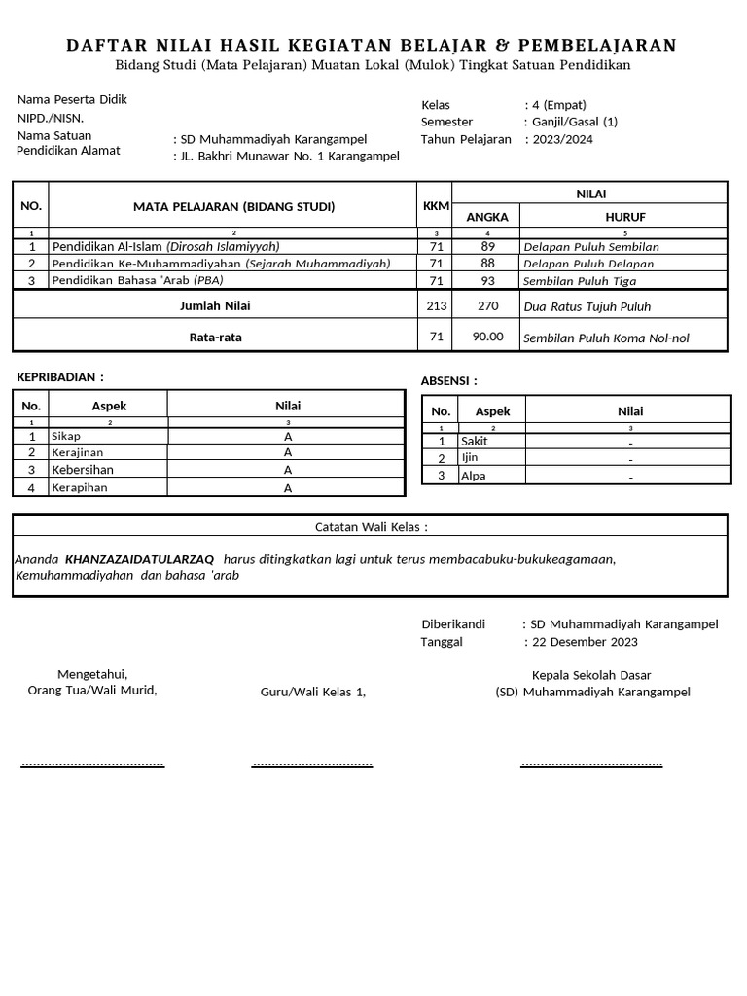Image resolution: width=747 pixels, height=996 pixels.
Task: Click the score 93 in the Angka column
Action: pyautogui.click(x=487, y=281)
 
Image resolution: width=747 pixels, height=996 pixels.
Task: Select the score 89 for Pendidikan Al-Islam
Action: pyautogui.click(x=487, y=247)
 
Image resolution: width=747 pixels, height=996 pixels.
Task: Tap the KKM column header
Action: pyautogui.click(x=436, y=206)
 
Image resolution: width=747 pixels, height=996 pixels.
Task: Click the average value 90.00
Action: pyautogui.click(x=487, y=338)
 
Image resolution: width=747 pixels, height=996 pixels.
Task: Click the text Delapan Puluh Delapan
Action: pyautogui.click(x=587, y=264)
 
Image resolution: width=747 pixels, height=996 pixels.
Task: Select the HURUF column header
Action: pyautogui.click(x=625, y=217)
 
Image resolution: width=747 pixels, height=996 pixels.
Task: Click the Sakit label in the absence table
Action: pyautogui.click(x=475, y=442)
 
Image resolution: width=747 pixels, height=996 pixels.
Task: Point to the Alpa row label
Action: pyautogui.click(x=474, y=476)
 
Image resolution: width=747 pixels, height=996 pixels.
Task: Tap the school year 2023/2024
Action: pyautogui.click(x=561, y=139)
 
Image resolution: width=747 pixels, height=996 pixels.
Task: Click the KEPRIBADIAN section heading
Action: pyautogui.click(x=61, y=377)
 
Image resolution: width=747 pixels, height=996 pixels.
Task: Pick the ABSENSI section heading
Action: pyautogui.click(x=448, y=380)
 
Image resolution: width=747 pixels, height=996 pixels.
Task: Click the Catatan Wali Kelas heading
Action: pyautogui.click(x=371, y=527)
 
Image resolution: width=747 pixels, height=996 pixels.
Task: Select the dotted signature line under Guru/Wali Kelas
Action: pyautogui.click(x=311, y=765)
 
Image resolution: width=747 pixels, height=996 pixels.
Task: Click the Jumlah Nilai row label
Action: pyautogui.click(x=216, y=305)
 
